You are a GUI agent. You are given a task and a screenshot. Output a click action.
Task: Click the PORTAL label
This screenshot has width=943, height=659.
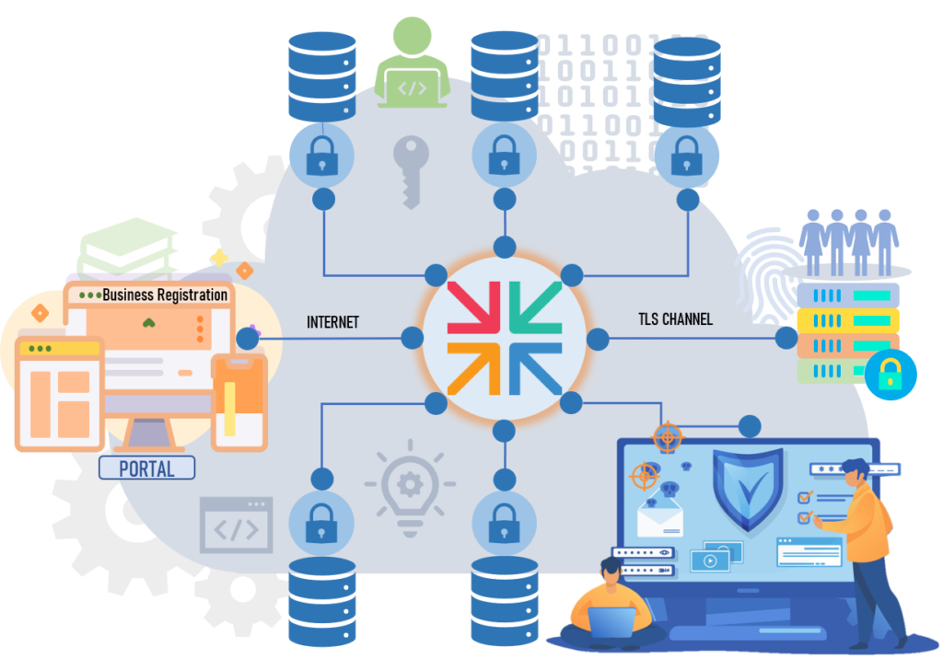click(x=146, y=468)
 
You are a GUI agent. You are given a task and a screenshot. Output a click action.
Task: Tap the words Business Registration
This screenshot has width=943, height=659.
click(x=165, y=295)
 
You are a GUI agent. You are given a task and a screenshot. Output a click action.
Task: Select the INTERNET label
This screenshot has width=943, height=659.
click(x=332, y=322)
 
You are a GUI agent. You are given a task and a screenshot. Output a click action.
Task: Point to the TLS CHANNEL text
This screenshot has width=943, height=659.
click(x=675, y=319)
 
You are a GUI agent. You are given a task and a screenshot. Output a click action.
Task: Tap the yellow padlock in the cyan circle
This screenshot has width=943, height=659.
click(x=890, y=374)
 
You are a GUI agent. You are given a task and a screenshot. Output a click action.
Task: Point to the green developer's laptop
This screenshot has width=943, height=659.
click(x=413, y=87)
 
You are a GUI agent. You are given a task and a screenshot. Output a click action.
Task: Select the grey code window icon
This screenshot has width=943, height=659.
click(x=237, y=526)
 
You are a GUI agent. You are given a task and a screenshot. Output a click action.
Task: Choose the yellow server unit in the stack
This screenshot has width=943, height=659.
click(x=847, y=320)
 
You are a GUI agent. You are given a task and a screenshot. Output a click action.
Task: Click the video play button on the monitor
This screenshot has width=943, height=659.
click(x=711, y=560)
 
